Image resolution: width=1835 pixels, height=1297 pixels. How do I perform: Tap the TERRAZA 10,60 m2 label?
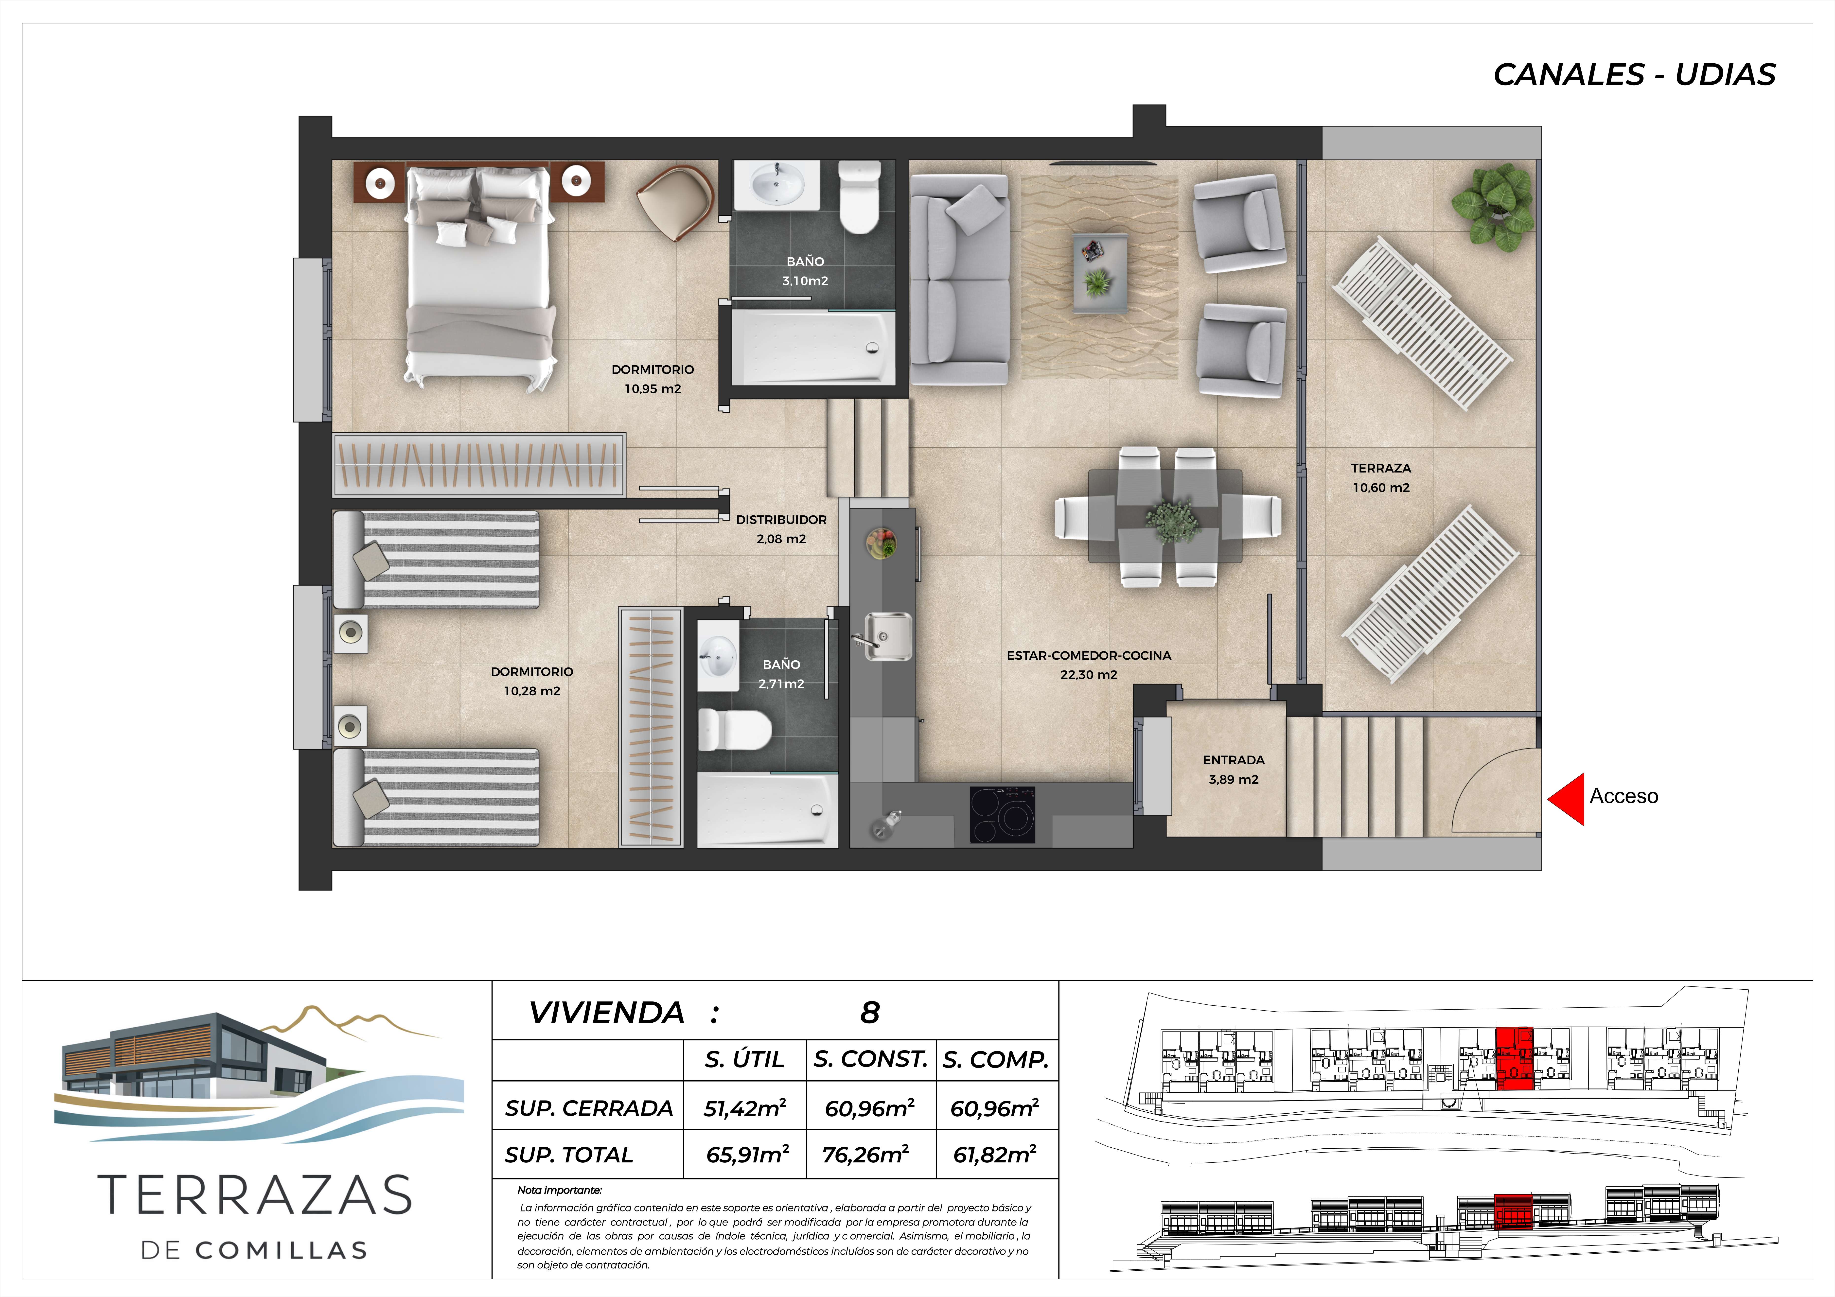(x=1381, y=478)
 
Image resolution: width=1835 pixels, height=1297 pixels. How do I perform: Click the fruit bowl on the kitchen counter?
(x=881, y=543)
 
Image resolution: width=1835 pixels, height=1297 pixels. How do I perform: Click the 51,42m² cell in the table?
(x=745, y=1108)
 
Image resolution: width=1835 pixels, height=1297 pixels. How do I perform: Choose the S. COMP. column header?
(x=995, y=1060)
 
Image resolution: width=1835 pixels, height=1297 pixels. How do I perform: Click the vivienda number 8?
(x=869, y=1013)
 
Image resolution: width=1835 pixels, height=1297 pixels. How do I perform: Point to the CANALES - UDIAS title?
(x=1634, y=74)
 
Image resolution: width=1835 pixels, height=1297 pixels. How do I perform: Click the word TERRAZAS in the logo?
(x=254, y=1195)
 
